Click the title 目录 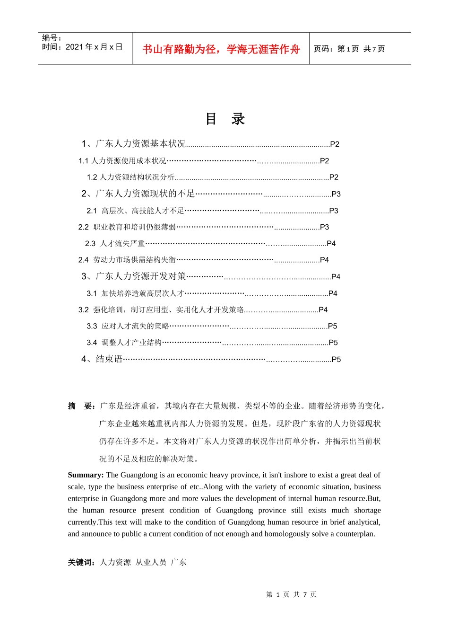point(225,119)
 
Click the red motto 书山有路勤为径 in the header point(221,49)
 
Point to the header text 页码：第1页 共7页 point(349,49)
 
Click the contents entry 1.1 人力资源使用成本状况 point(122,161)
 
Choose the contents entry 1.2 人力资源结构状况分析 point(131,177)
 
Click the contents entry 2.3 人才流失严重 point(115,243)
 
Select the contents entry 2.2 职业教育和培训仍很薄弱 point(127,227)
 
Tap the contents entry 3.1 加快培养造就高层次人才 point(135,293)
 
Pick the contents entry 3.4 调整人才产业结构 point(124,343)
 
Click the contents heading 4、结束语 point(102,359)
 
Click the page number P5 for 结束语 point(336,360)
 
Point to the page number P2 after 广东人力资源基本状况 point(335,144)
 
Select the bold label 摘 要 point(82,406)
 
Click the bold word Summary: point(86,475)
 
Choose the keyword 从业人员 point(151,562)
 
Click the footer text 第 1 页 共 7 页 point(291,594)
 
